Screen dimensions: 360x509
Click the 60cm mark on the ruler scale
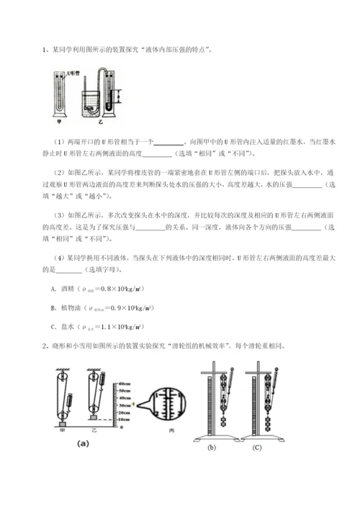coord(124,383)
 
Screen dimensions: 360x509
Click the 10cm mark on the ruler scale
coord(124,418)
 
